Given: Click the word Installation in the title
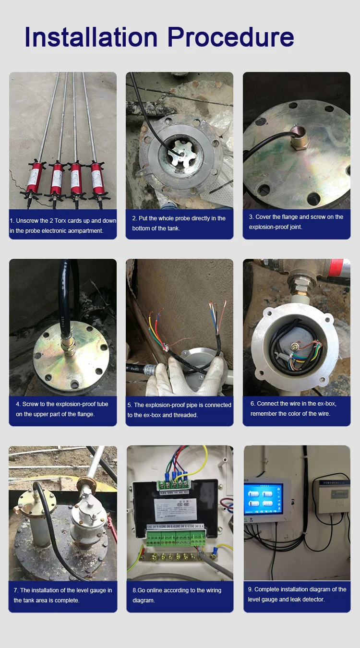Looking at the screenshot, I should [x=91, y=37].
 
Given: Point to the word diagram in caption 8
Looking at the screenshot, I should [x=144, y=600].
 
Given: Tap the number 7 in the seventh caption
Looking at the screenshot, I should [x=15, y=590].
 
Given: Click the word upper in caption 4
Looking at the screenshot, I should [x=57, y=414].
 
